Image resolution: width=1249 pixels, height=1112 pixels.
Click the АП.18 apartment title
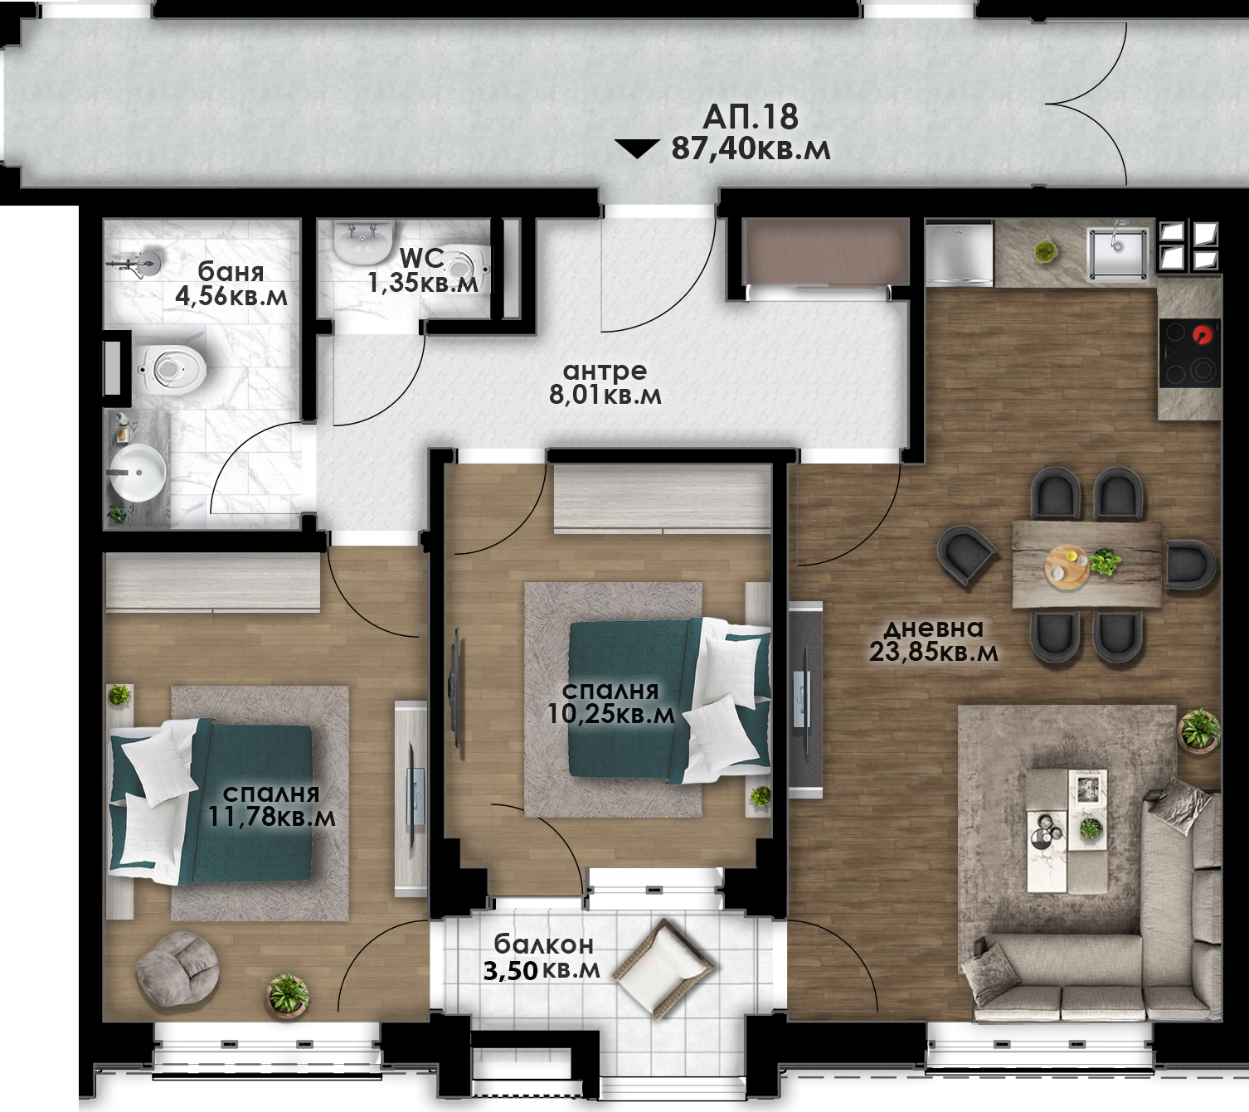click(x=751, y=116)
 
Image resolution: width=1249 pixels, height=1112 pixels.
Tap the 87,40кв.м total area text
click(x=751, y=149)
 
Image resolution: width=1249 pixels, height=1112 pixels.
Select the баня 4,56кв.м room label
click(x=231, y=284)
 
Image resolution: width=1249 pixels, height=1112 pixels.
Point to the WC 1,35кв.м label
click(x=423, y=270)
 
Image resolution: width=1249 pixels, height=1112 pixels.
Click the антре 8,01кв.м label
click(x=605, y=383)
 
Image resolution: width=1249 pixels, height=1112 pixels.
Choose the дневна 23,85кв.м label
click(x=933, y=640)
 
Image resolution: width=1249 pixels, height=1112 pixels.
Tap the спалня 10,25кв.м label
click(x=611, y=702)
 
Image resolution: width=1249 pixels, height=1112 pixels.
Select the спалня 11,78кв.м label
click(x=271, y=805)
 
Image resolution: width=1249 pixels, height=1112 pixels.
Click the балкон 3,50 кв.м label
click(x=542, y=957)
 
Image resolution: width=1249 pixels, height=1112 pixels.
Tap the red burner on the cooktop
click(x=1203, y=335)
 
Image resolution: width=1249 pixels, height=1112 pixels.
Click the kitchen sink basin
click(x=1118, y=254)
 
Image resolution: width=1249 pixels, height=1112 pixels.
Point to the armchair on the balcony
click(x=665, y=968)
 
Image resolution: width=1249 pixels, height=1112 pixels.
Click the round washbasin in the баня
click(x=139, y=472)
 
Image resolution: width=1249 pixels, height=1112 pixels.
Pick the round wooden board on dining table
click(x=1068, y=566)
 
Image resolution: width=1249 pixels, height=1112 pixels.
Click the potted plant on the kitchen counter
click(x=1045, y=251)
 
